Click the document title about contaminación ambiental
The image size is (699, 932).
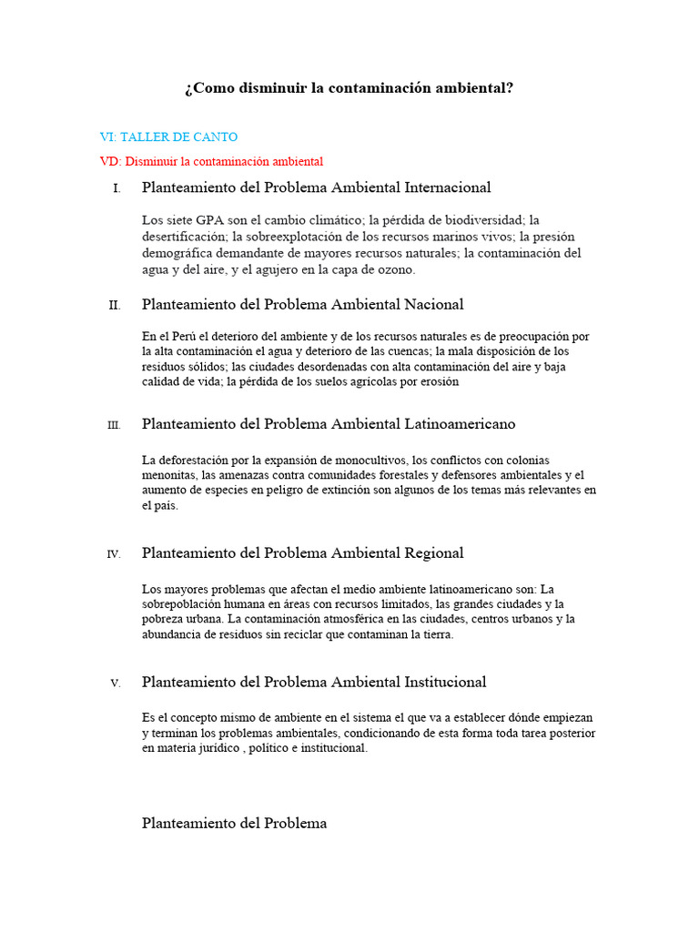(349, 89)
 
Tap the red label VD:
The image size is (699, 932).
(110, 162)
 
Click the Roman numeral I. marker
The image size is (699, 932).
(116, 189)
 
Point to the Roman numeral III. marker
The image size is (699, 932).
(113, 425)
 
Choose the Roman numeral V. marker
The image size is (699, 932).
(115, 684)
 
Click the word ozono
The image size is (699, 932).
(395, 269)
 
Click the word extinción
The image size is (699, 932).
(349, 491)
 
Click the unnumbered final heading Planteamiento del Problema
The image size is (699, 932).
(234, 823)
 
